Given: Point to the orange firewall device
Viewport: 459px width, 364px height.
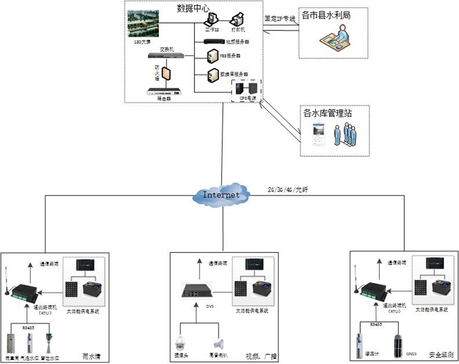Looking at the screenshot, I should (166, 73).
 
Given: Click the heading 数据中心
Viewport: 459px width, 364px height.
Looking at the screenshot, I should (193, 7).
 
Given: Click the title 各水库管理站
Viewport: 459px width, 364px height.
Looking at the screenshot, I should (328, 113).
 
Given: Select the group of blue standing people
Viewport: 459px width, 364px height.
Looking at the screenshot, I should (345, 135).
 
